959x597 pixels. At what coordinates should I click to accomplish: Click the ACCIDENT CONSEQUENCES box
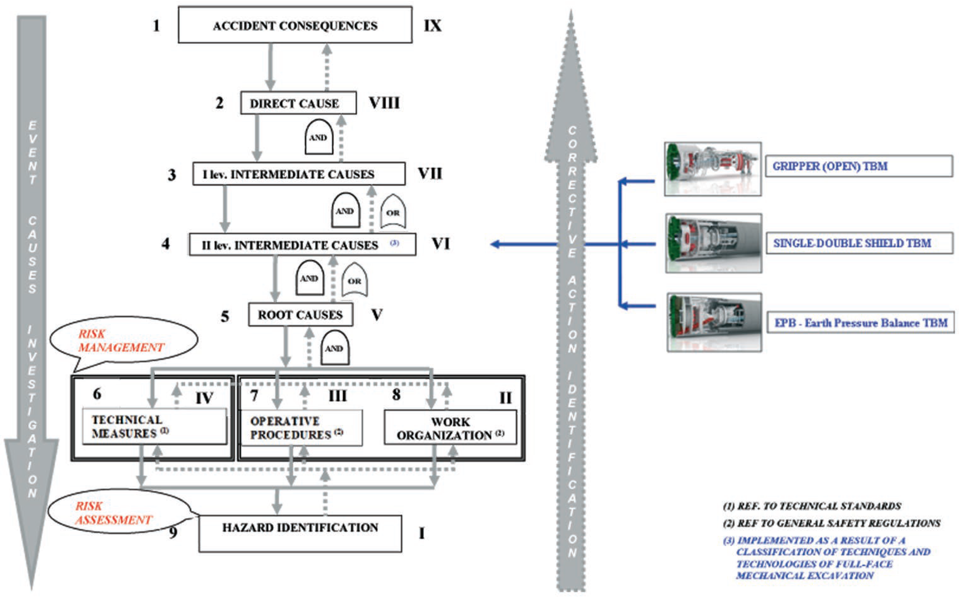(295, 25)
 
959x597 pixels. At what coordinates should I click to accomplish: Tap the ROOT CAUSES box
(300, 315)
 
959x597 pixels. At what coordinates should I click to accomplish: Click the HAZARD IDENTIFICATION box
(300, 533)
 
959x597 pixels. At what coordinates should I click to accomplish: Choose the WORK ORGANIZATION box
(450, 428)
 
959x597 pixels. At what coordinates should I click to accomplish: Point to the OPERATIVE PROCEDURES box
(301, 428)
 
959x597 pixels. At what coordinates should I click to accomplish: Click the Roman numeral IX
(432, 26)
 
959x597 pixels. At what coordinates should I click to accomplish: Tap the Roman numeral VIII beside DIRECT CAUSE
(384, 103)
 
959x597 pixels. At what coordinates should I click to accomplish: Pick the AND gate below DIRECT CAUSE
(318, 137)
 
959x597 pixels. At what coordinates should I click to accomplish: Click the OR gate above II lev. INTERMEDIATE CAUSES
(393, 212)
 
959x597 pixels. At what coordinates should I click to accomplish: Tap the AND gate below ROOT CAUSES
(334, 348)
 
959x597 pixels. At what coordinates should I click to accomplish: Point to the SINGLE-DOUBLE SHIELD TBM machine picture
(713, 243)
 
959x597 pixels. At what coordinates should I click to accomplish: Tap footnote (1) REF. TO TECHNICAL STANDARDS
(812, 506)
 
